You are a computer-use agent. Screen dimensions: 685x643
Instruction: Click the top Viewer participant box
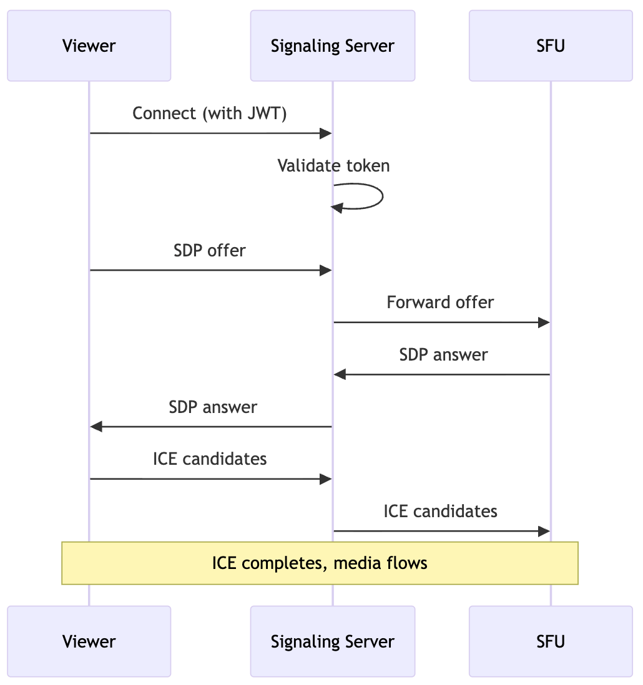[x=89, y=46]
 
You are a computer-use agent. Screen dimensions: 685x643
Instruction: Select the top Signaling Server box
[x=332, y=46]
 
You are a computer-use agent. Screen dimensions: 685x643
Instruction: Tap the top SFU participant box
[x=550, y=46]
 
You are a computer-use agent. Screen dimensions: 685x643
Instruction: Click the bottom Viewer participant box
[x=89, y=641]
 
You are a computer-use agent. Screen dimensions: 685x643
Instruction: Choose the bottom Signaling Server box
[x=332, y=641]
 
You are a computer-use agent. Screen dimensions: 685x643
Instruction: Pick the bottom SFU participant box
[x=550, y=641]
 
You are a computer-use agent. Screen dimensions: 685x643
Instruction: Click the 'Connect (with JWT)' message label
[x=209, y=114]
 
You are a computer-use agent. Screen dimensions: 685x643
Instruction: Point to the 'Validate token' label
[x=333, y=165]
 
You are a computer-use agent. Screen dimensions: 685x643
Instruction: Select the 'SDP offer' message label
[x=209, y=250]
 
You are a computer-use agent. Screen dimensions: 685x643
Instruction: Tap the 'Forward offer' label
[x=440, y=303]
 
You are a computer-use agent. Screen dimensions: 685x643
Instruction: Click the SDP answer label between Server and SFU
[x=443, y=355]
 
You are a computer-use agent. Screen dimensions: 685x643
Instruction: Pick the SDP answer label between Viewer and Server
[x=213, y=407]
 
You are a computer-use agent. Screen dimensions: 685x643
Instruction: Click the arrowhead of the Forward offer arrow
[x=544, y=323]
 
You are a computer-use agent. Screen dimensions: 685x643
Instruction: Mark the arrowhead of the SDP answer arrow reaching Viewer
[x=96, y=427]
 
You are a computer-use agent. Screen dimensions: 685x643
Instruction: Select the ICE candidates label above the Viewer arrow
[x=210, y=459]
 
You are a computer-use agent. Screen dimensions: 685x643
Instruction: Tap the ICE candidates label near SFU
[x=440, y=512]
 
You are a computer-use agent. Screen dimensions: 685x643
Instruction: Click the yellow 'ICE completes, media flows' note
[x=320, y=563]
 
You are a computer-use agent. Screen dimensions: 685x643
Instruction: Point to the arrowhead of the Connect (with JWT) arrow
[x=325, y=133]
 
